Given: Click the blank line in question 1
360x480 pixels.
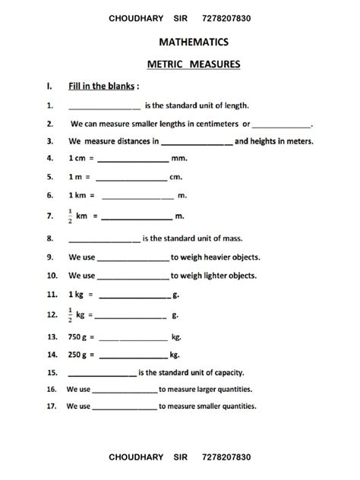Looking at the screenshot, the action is point(104,106).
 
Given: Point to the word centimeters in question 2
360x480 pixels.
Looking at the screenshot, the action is point(214,123).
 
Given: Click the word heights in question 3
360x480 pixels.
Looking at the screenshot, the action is point(267,141).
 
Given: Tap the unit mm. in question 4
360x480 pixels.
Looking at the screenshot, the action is point(180,159).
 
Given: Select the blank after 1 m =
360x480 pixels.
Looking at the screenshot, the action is point(131,178).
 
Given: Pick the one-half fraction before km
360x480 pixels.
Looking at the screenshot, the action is point(71,216).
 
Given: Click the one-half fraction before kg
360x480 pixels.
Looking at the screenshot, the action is point(71,313).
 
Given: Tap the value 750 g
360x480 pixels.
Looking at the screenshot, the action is point(78,335).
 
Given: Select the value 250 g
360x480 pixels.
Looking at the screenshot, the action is point(78,354).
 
